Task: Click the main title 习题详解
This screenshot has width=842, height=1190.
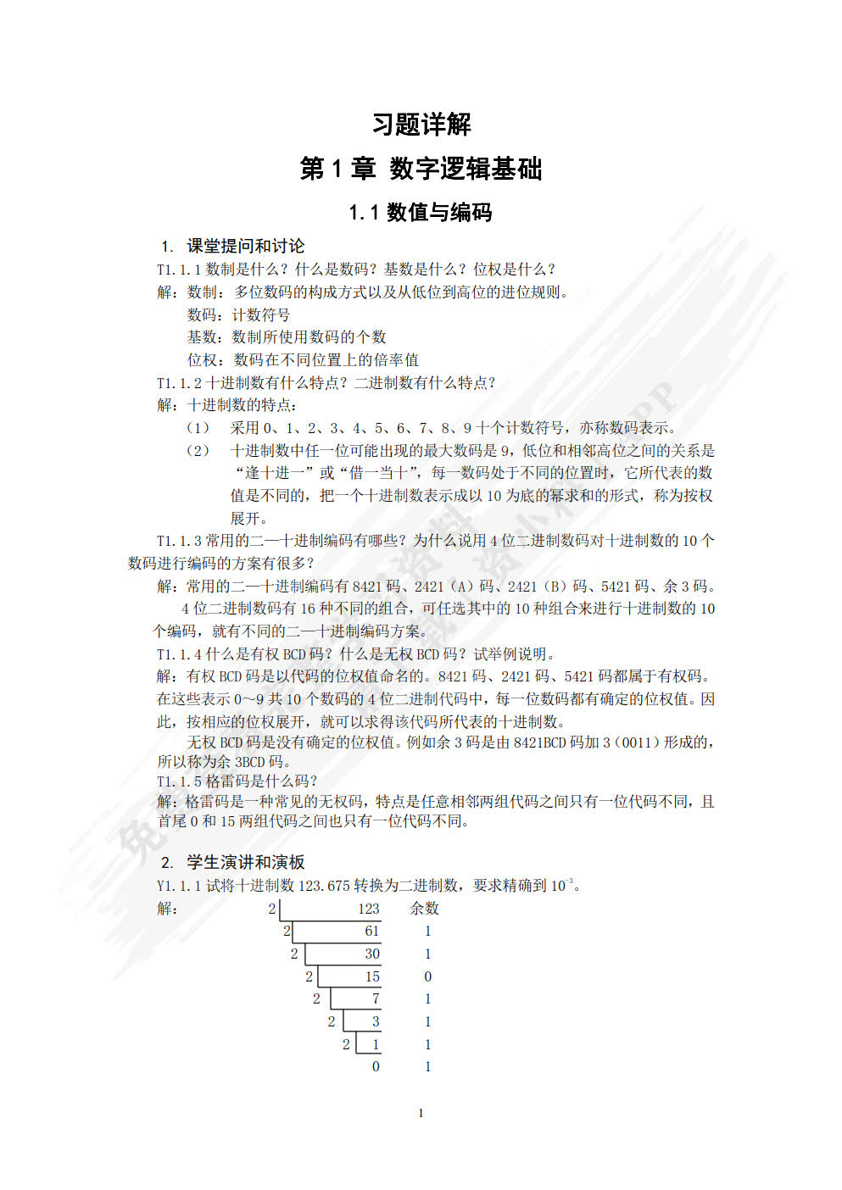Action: pos(421,125)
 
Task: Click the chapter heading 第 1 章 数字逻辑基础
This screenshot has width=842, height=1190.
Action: pos(421,169)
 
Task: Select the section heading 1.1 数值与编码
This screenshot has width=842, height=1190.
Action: pos(421,212)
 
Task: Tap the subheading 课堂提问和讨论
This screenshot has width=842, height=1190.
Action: pos(245,246)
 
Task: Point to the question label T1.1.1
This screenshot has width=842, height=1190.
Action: pos(179,270)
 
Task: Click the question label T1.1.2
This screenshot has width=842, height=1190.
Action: pos(179,382)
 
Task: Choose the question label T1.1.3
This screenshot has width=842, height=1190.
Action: pos(179,541)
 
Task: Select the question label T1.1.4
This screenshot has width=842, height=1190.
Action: pos(179,654)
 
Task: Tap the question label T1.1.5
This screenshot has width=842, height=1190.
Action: pos(179,781)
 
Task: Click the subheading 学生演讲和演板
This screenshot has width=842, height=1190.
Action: pos(245,862)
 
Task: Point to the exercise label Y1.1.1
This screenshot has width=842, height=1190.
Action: pos(179,886)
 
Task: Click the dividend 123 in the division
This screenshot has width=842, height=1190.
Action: pos(368,909)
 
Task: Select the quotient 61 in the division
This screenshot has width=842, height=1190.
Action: pos(371,931)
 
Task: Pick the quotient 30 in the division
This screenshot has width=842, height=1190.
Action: pos(371,954)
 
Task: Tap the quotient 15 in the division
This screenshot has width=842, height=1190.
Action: pos(371,977)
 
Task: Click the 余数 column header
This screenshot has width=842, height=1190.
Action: pos(425,909)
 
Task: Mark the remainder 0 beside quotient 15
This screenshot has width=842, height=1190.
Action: pos(427,977)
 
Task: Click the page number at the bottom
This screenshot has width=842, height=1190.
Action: pos(421,1113)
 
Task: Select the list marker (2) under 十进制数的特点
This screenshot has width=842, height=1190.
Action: pos(198,451)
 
